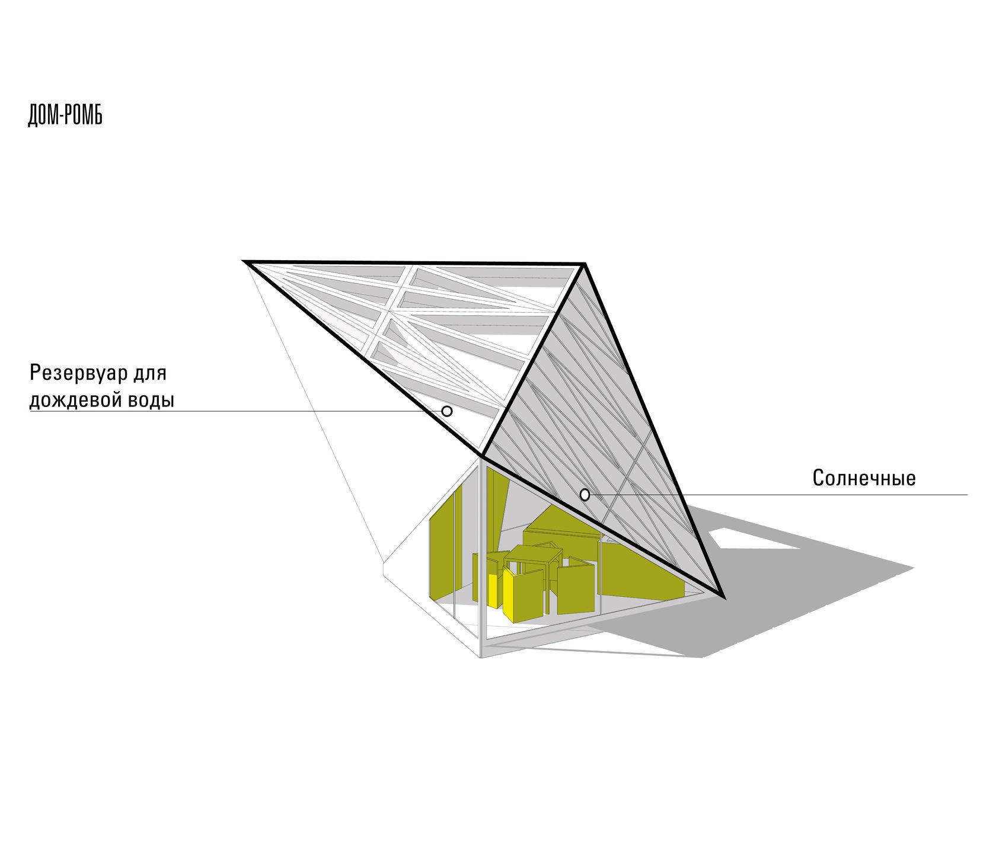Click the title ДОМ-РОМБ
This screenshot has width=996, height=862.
(65, 116)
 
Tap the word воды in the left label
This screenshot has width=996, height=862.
(151, 400)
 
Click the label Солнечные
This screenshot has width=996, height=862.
(864, 478)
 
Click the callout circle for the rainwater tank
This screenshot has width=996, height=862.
(447, 411)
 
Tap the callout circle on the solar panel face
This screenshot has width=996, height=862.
(585, 495)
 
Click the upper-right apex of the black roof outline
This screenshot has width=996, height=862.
(584, 264)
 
